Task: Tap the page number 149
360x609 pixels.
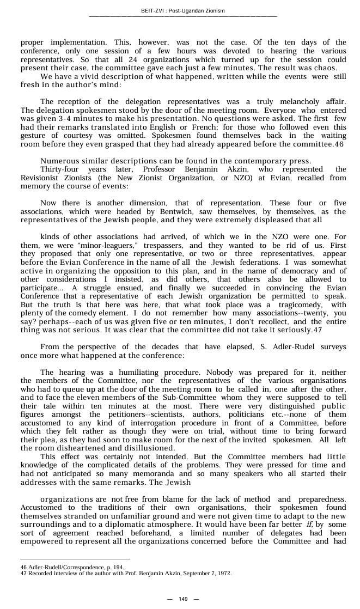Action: (183, 599)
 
